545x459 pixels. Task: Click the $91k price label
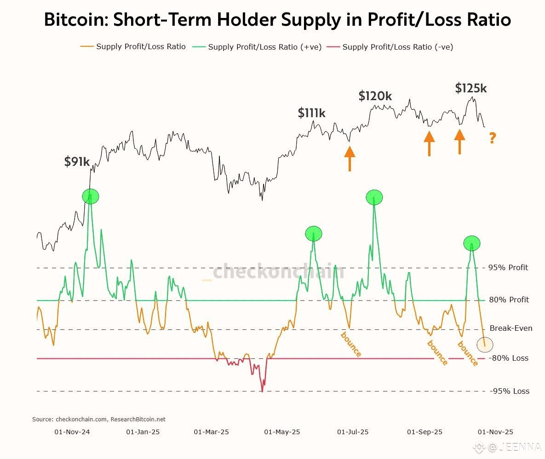pyautogui.click(x=77, y=162)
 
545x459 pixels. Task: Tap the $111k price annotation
pyautogui.click(x=311, y=113)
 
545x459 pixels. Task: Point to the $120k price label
pyautogui.click(x=375, y=96)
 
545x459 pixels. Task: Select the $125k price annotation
pyautogui.click(x=470, y=88)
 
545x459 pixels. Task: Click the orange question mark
pyautogui.click(x=492, y=138)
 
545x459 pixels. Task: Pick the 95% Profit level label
pyautogui.click(x=508, y=267)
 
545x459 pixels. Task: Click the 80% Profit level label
pyautogui.click(x=509, y=300)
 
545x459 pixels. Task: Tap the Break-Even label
pyautogui.click(x=511, y=328)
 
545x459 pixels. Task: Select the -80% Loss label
pyautogui.click(x=509, y=358)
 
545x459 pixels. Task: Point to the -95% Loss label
pyautogui.click(x=509, y=391)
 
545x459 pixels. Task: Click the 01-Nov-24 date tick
pyautogui.click(x=72, y=432)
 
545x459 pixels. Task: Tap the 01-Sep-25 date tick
pyautogui.click(x=425, y=432)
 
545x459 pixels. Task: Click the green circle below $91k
pyautogui.click(x=91, y=196)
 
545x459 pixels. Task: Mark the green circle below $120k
pyautogui.click(x=374, y=197)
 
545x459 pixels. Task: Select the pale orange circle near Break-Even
pyautogui.click(x=485, y=344)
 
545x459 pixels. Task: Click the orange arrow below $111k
pyautogui.click(x=350, y=159)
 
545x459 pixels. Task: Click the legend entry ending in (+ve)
pyautogui.click(x=265, y=47)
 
